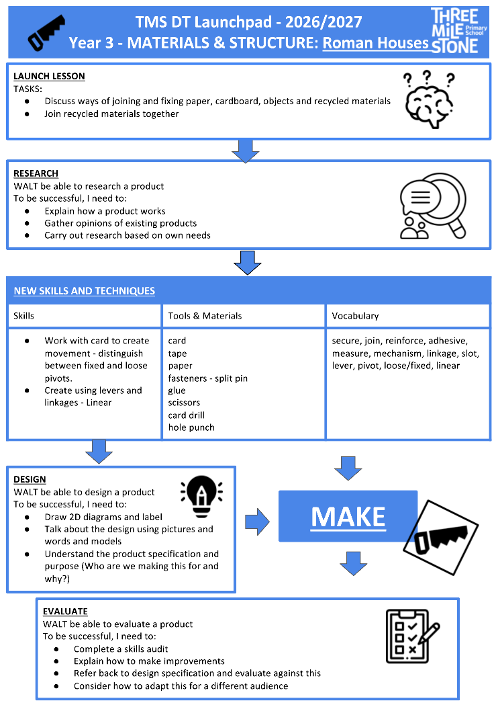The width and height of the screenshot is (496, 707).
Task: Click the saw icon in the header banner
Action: tap(46, 32)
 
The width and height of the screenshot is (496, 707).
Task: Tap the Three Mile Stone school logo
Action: tap(458, 31)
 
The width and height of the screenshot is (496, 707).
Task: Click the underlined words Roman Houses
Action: tap(376, 43)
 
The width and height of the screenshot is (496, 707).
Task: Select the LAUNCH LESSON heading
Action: tap(49, 76)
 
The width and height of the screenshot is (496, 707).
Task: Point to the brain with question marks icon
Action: tap(429, 99)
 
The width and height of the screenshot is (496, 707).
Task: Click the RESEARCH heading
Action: tap(36, 173)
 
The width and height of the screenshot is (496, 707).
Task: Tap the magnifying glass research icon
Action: tap(433, 206)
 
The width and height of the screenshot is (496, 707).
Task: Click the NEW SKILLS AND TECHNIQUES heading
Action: tap(85, 291)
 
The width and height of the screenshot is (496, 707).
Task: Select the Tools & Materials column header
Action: tap(205, 316)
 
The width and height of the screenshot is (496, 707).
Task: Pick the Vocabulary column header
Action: tap(355, 316)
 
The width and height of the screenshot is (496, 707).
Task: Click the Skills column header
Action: tap(24, 316)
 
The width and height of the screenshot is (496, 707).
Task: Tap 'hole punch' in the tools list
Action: tap(191, 427)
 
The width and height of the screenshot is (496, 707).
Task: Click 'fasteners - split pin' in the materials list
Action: tap(207, 378)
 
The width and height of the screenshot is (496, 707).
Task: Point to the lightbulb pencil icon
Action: tap(201, 496)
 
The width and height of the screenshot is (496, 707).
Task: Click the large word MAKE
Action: tap(348, 517)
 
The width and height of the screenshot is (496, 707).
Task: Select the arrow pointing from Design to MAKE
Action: tap(257, 522)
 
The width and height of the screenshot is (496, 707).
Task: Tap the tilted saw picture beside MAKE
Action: tap(440, 537)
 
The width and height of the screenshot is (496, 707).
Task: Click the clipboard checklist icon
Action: tap(411, 636)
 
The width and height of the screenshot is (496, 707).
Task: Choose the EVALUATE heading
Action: tap(65, 612)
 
